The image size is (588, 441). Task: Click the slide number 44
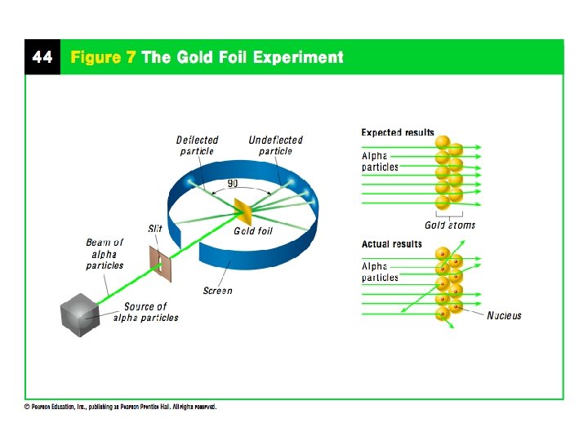point(42,57)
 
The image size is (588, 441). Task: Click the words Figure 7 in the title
point(103,57)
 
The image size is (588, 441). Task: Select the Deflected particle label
point(197,145)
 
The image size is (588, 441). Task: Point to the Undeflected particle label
point(275,145)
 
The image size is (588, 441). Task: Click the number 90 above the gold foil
point(233,184)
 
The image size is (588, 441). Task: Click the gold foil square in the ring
point(243,211)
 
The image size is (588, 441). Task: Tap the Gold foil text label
point(253,231)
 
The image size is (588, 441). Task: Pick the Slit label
point(155,229)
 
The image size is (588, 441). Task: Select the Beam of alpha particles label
point(105,254)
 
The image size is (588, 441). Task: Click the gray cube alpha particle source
point(78,314)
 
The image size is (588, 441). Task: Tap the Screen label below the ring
point(218,291)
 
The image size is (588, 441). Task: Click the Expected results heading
point(398,133)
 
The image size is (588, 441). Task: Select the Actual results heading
point(392,244)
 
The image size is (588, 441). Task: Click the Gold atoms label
point(449,225)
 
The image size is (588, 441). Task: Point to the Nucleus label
point(504,315)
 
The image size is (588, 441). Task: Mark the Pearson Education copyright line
point(119,408)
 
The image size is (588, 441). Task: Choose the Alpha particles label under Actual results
point(380,272)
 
